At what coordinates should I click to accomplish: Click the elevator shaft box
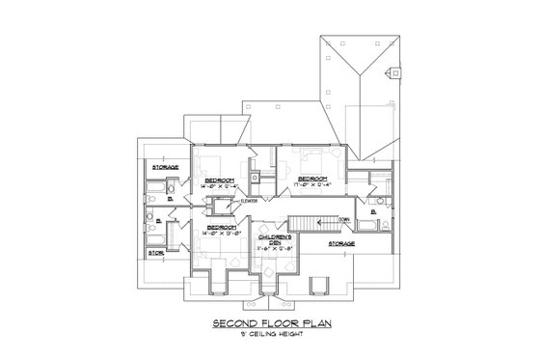(224, 203)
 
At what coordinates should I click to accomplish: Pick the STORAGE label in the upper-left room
(164, 168)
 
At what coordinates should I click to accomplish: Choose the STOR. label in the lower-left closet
(156, 254)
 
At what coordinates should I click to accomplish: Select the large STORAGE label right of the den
(341, 244)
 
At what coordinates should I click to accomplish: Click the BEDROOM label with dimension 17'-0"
(312, 178)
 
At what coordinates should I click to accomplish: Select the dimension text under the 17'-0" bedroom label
(312, 185)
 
